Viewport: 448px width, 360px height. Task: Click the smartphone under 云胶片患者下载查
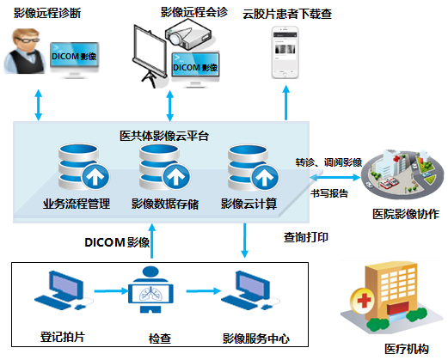coord(285,52)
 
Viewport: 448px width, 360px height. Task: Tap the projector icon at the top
coord(188,34)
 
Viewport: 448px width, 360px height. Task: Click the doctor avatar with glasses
coord(25,51)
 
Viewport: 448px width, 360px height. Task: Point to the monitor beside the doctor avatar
coord(75,60)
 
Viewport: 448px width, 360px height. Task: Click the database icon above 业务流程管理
coord(83,168)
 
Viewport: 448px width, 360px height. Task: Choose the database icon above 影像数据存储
coord(164,168)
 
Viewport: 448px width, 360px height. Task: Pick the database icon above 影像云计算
coord(253,168)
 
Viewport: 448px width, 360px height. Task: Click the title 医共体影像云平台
coord(164,136)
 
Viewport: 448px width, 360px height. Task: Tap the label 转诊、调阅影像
coord(328,162)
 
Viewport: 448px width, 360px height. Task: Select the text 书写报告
coord(329,193)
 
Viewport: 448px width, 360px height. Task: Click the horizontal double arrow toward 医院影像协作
coord(334,178)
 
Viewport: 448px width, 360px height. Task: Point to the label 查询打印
coord(306,237)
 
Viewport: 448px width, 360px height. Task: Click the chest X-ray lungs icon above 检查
coord(150,290)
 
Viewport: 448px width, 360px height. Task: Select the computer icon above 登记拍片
coord(64,290)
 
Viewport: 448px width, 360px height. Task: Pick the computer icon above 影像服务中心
coord(250,290)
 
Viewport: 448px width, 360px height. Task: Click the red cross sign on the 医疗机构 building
coord(363,301)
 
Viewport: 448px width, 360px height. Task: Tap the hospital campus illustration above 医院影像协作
coord(402,174)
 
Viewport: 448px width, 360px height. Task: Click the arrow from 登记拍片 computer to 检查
coord(111,291)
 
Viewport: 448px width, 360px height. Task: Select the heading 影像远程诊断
coord(47,13)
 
